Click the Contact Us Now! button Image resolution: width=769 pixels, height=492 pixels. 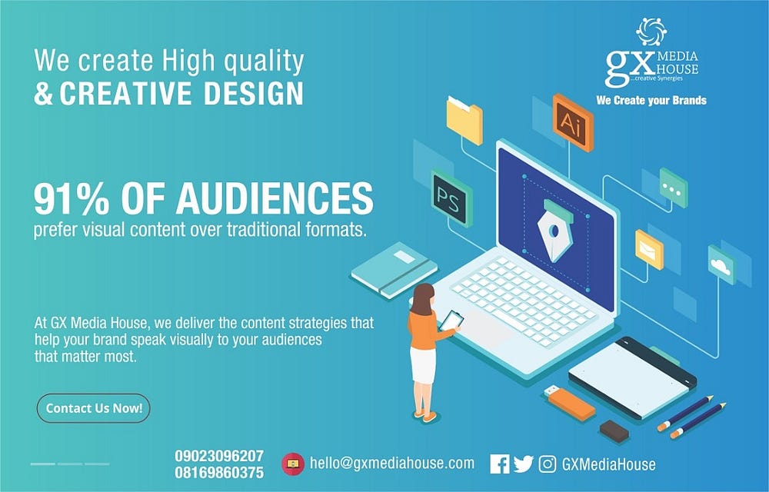93,408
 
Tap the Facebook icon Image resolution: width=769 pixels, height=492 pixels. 499,464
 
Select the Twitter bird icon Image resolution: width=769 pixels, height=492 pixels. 523,464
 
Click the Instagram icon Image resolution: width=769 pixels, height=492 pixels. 548,464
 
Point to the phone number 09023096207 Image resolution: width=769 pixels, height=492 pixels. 219,456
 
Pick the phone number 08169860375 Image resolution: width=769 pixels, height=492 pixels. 219,473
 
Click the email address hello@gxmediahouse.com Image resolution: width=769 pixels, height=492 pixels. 392,463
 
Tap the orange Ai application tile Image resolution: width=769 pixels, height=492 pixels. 572,122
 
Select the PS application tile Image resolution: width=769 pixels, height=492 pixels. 451,198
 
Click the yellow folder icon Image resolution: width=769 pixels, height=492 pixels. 464,121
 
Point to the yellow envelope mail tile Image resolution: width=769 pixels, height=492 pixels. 649,250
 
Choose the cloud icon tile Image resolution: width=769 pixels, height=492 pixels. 721,265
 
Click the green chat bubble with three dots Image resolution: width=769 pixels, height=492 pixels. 674,188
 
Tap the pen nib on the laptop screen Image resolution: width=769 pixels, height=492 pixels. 554,230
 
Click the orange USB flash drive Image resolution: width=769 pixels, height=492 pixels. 570,403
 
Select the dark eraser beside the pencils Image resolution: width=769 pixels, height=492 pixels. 614,431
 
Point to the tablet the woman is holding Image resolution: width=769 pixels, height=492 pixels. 451,321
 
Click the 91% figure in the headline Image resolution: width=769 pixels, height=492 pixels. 72,198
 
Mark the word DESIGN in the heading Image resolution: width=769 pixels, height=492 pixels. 254,93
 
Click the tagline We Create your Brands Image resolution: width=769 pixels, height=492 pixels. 651,101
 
